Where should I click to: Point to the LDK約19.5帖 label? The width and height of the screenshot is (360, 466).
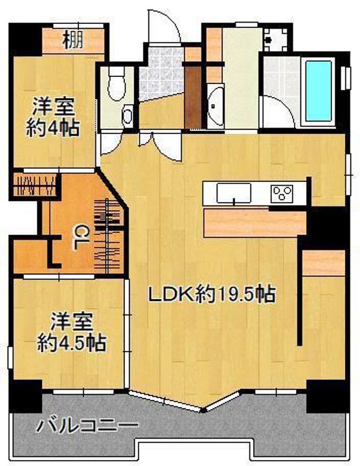(x=212, y=295)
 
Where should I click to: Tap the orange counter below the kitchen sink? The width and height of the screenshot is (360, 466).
(x=253, y=221)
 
